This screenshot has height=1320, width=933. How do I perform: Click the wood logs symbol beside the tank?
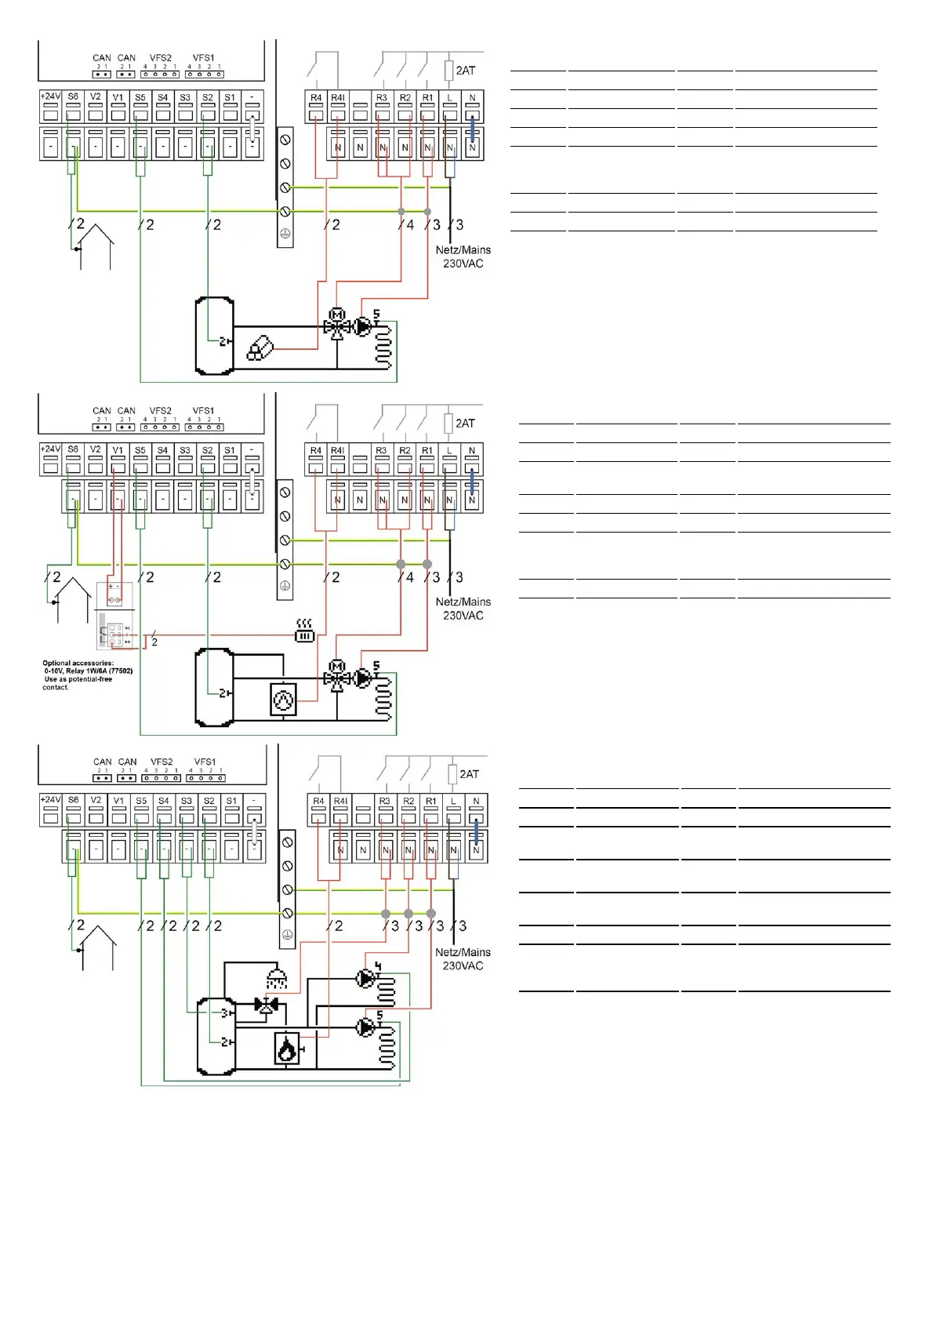coord(260,348)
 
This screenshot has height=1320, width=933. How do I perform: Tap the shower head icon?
coord(276,979)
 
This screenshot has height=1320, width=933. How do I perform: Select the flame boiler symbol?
coord(287,1049)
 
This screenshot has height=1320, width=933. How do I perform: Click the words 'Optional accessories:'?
coord(78,663)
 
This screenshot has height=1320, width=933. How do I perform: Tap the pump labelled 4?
coord(365,978)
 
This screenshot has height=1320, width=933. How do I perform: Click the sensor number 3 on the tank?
coord(224,1013)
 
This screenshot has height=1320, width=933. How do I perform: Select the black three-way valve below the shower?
coord(267,1005)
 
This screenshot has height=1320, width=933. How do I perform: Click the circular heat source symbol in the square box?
coord(283,699)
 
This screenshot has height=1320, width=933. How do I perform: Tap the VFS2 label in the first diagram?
coord(160,58)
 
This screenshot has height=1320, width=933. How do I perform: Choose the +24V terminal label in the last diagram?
coord(50,800)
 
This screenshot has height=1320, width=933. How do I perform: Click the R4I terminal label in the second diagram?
coord(337,451)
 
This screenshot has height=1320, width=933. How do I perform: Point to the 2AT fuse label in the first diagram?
coord(465,71)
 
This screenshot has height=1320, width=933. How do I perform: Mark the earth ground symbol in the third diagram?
coord(287,935)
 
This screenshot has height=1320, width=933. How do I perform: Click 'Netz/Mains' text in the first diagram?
coord(463,250)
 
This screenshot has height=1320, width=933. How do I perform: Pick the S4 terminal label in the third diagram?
coord(163,801)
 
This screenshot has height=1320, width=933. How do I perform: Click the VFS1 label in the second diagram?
coord(203,411)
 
